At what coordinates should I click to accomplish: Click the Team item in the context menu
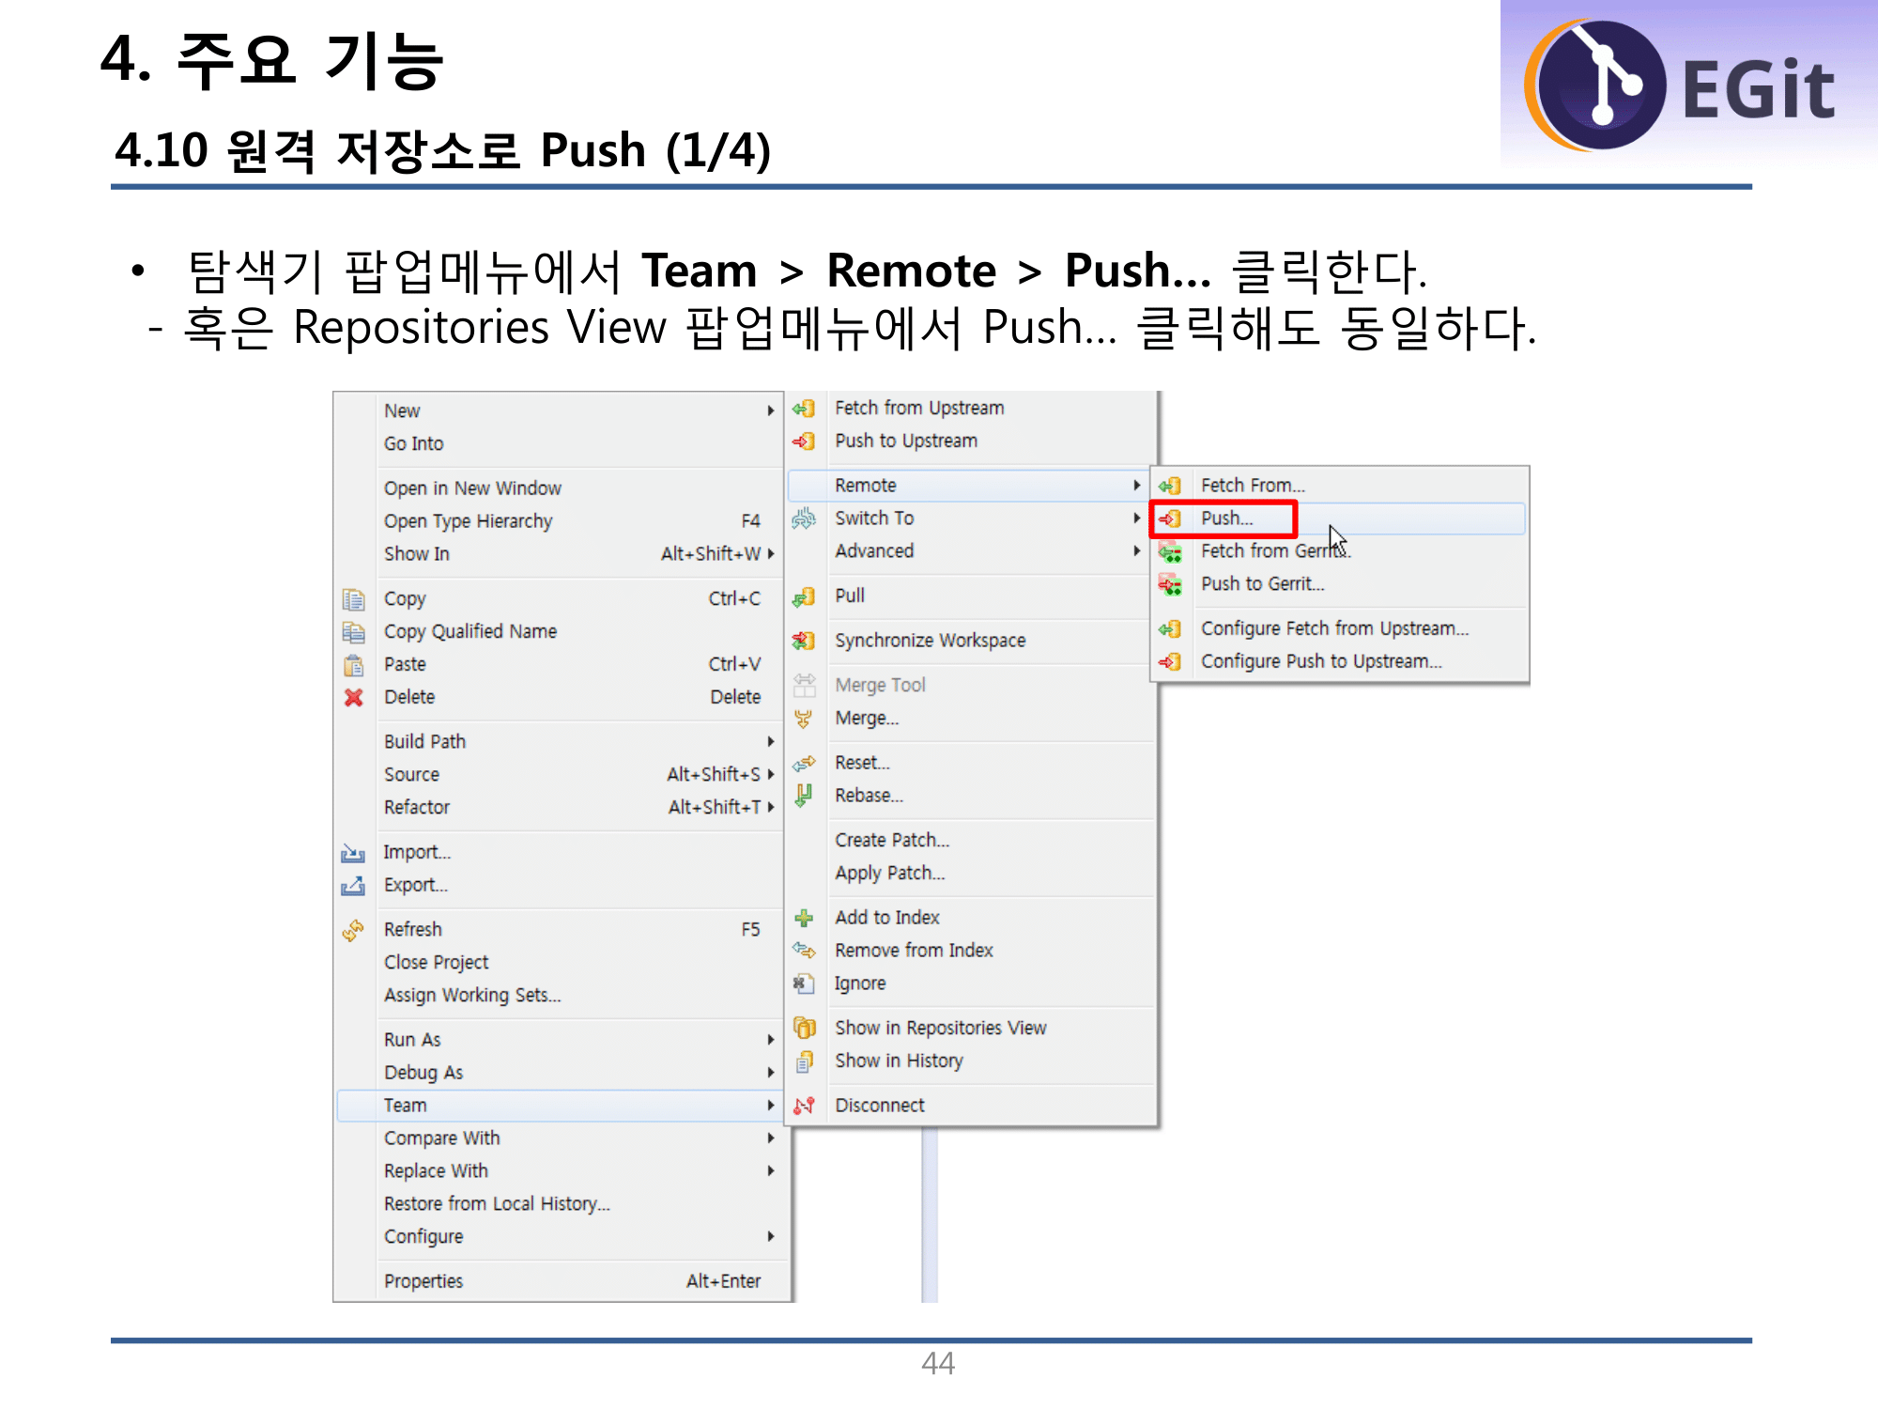pyautogui.click(x=406, y=1106)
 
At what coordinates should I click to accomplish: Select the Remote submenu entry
pyautogui.click(x=866, y=486)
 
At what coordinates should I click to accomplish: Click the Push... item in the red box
pyautogui.click(x=1226, y=519)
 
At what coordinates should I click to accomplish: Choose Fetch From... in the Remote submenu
pyautogui.click(x=1253, y=486)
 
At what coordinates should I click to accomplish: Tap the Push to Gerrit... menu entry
pyautogui.click(x=1262, y=584)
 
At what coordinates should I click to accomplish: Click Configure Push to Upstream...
pyautogui.click(x=1320, y=661)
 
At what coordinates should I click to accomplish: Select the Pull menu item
pyautogui.click(x=850, y=596)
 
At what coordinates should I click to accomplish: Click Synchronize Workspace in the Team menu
pyautogui.click(x=930, y=641)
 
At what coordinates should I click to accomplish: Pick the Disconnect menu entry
pyautogui.click(x=880, y=1106)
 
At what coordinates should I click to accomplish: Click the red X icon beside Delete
pyautogui.click(x=354, y=697)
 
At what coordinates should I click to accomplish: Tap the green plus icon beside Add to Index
pyautogui.click(x=804, y=918)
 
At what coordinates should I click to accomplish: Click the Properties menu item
pyautogui.click(x=423, y=1281)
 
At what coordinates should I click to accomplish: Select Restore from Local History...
pyautogui.click(x=497, y=1204)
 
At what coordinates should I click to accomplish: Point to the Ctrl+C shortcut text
pyautogui.click(x=733, y=599)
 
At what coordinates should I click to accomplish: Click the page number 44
pyautogui.click(x=938, y=1363)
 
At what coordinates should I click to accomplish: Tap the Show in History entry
pyautogui.click(x=899, y=1061)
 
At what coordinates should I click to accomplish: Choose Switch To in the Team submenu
pyautogui.click(x=874, y=519)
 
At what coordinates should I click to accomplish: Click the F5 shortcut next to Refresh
pyautogui.click(x=750, y=929)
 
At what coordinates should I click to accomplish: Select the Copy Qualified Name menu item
pyautogui.click(x=469, y=631)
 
